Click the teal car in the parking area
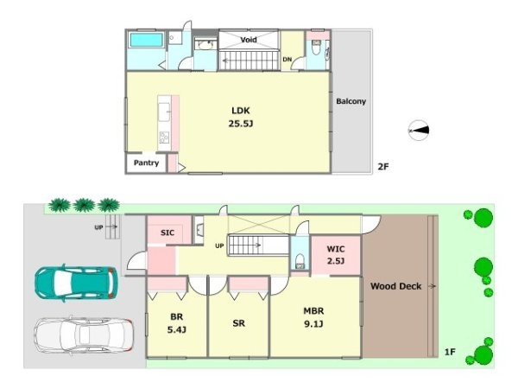[76, 284]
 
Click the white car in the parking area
[84, 335]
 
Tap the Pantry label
[147, 163]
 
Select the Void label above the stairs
[249, 40]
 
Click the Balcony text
[351, 101]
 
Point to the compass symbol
[419, 131]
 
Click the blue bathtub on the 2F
[147, 40]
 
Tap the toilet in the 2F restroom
[317, 48]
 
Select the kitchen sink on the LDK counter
[164, 112]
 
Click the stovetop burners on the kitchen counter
[164, 137]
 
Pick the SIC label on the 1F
[167, 233]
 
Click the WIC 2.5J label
[336, 255]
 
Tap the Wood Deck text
[395, 286]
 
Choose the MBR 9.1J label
[313, 317]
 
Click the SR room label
[238, 323]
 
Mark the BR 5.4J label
[177, 323]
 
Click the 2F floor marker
[383, 166]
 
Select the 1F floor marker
[450, 352]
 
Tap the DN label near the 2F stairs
[287, 59]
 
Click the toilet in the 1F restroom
[300, 261]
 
